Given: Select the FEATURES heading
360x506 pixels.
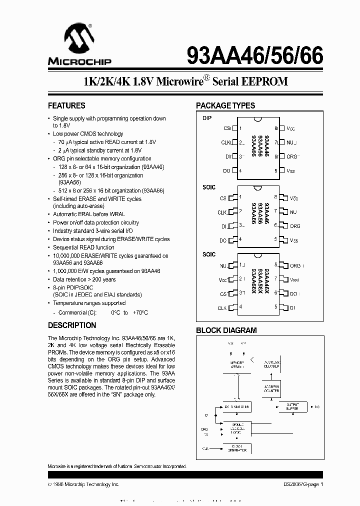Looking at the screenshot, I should (66, 105).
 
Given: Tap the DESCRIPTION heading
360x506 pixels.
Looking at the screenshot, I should (72, 325).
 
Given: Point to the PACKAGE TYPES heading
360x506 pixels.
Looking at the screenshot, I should (225, 105).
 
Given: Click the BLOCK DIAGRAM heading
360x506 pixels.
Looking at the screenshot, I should (226, 330).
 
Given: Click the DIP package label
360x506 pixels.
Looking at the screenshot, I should (207, 118).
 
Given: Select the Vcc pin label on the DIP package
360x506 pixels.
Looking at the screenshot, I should (290, 128).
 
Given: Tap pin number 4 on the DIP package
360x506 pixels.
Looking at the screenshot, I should (240, 171).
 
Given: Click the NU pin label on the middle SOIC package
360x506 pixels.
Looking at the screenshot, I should (293, 212).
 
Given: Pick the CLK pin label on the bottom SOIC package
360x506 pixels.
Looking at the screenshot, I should (222, 308).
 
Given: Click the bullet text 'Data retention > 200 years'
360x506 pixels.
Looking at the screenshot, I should (84, 279).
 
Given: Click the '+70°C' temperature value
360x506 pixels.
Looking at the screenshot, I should (140, 312).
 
